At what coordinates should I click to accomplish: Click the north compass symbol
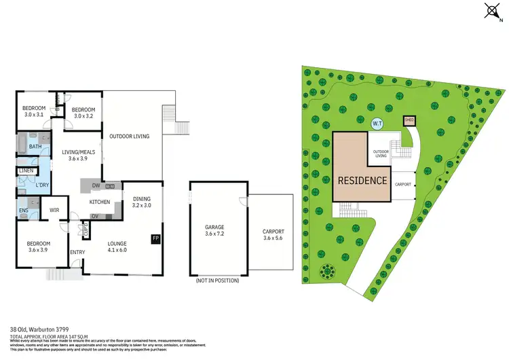pyautogui.click(x=493, y=11)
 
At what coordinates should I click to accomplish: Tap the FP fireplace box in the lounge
pyautogui.click(x=155, y=238)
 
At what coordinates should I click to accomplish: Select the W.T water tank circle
pyautogui.click(x=378, y=124)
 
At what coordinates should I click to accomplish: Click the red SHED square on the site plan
pyautogui.click(x=409, y=121)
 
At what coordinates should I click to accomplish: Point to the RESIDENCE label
pyautogui.click(x=363, y=181)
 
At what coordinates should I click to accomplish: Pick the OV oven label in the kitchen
pyautogui.click(x=95, y=216)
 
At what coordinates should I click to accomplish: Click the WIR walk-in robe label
pyautogui.click(x=54, y=210)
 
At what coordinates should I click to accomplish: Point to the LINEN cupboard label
pyautogui.click(x=26, y=170)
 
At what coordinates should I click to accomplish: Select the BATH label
pyautogui.click(x=35, y=146)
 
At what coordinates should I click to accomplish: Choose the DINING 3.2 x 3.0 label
pyautogui.click(x=142, y=201)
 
